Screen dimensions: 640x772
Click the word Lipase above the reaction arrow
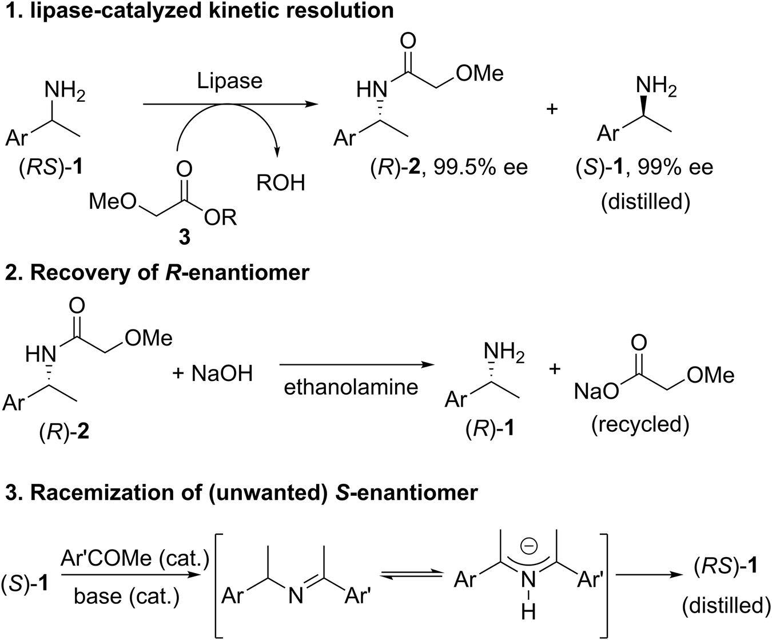point(229,80)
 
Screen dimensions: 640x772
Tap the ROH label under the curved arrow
point(281,182)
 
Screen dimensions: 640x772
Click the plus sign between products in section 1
point(552,109)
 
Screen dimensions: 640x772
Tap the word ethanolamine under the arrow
point(351,387)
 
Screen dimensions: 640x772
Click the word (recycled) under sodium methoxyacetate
point(640,424)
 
